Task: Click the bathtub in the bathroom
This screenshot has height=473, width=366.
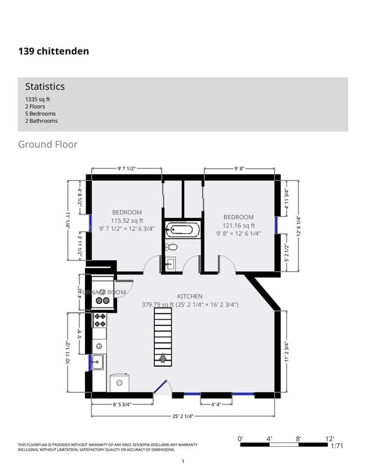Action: tap(181, 229)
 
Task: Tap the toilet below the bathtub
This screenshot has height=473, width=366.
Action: tap(173, 247)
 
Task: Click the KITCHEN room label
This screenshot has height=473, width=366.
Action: tap(190, 296)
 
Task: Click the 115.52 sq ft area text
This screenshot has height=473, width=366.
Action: tap(127, 220)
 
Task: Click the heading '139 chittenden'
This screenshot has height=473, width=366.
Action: tap(53, 51)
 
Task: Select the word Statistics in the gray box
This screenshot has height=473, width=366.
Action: tap(44, 87)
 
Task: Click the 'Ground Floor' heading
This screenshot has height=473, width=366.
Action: tap(48, 145)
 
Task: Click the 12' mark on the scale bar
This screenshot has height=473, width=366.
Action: tap(329, 439)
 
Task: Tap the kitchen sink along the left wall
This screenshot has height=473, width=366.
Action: tap(98, 362)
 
